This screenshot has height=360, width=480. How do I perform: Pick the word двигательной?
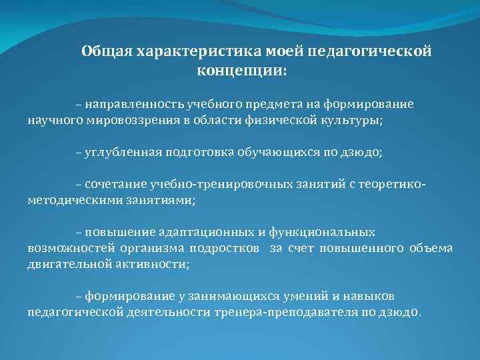pyautogui.click(x=65, y=265)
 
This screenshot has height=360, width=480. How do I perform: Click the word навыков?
pyautogui.click(x=377, y=295)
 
